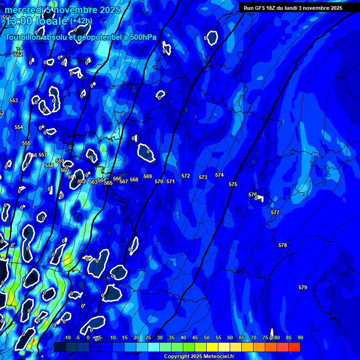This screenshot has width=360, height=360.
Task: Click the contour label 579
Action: pyautogui.click(x=303, y=287)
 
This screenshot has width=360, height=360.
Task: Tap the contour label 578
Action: pyautogui.click(x=282, y=245)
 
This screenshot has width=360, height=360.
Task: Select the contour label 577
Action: pyautogui.click(x=275, y=212)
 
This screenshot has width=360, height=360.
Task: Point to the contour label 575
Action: pyautogui.click(x=233, y=184)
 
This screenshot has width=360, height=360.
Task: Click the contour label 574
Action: pyautogui.click(x=219, y=175)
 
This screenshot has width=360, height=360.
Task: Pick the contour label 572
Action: pyautogui.click(x=186, y=176)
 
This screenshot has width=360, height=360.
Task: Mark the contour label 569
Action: pyautogui.click(x=148, y=176)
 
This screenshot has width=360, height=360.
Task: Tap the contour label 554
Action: pyautogui.click(x=19, y=127)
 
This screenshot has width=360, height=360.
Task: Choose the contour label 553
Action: pyautogui.click(x=14, y=100)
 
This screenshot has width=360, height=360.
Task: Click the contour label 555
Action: pyautogui.click(x=26, y=143)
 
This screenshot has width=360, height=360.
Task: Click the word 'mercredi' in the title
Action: pyautogui.click(x=25, y=10)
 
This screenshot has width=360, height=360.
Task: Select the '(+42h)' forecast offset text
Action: pyautogui.click(x=81, y=21)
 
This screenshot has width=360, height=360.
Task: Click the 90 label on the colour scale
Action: pyautogui.click(x=300, y=337)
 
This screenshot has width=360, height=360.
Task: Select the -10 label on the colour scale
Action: pyautogui.click(x=67, y=337)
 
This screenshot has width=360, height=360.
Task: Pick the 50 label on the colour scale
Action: pyautogui.click(x=207, y=337)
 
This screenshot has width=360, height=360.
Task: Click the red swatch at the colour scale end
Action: pyautogui.click(x=294, y=347)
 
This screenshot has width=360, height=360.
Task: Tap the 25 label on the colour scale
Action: pyautogui.click(x=148, y=337)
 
